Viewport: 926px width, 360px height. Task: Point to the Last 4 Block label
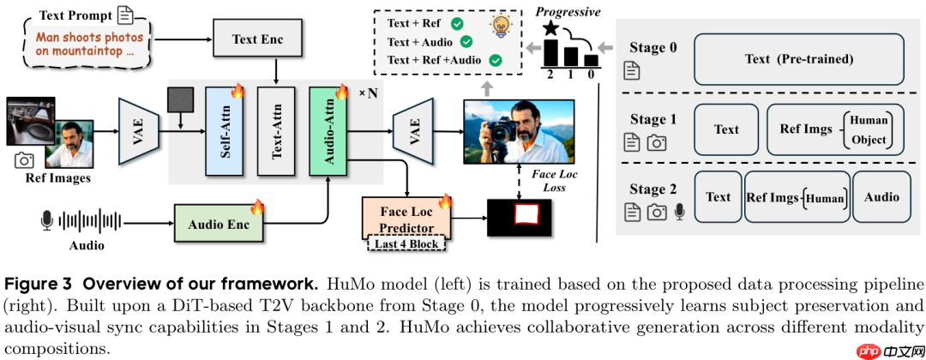[x=406, y=244]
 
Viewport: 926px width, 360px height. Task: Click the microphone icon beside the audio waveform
[x=46, y=221]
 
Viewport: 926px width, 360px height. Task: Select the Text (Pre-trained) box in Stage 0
[x=799, y=58]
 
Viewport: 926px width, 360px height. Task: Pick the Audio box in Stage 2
[x=881, y=197]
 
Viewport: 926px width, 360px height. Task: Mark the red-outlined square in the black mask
[x=523, y=215]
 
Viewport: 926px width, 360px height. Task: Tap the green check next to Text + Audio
[x=466, y=41]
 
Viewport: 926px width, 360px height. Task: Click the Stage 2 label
[x=654, y=189]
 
